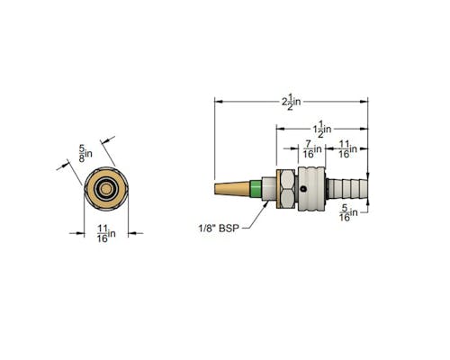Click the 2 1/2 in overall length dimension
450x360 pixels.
291,102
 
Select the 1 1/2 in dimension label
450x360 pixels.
322,129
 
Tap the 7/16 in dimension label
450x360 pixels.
312,149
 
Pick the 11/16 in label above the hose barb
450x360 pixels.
348,149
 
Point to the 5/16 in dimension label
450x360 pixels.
348,212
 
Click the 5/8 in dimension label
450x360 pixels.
85,154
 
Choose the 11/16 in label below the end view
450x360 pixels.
106,234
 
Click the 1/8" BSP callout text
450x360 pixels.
219,229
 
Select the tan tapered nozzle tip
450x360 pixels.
232,189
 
